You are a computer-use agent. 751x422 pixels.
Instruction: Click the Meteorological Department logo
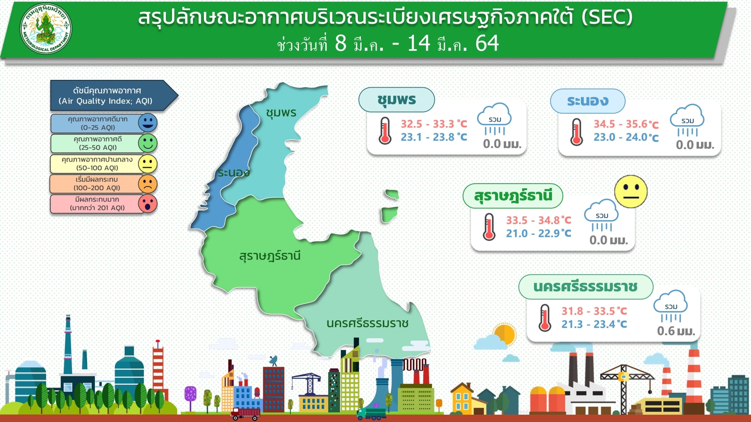(x=46, y=29)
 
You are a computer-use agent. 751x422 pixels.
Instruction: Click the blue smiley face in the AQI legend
(x=148, y=123)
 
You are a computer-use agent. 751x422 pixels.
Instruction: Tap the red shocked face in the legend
(x=148, y=203)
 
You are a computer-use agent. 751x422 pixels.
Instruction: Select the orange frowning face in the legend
(x=148, y=184)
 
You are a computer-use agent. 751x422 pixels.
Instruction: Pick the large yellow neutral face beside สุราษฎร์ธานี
(x=631, y=192)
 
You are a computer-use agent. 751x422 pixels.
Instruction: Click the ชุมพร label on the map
(x=281, y=112)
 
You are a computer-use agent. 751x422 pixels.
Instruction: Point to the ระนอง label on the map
(x=234, y=173)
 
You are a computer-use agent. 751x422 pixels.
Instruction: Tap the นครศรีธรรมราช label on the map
(x=367, y=323)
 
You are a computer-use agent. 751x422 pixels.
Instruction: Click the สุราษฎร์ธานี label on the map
(x=270, y=255)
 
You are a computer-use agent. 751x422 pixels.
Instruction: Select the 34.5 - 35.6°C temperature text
(x=626, y=124)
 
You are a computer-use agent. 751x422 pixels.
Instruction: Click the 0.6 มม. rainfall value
(x=676, y=331)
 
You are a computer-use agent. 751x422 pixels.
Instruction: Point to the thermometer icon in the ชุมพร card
(x=385, y=130)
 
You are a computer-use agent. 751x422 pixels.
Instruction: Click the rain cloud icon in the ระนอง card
(x=687, y=120)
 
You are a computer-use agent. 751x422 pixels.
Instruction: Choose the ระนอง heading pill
(x=587, y=101)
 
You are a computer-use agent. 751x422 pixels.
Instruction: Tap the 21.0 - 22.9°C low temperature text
(x=538, y=233)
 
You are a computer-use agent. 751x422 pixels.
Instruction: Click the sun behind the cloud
(x=505, y=334)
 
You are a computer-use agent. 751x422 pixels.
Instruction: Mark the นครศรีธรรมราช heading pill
(x=586, y=287)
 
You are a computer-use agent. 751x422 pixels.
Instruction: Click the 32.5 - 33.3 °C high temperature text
(x=434, y=124)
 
